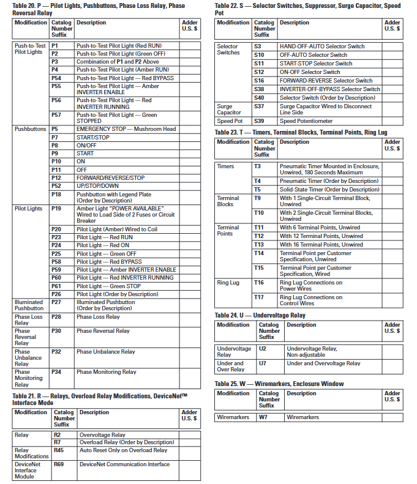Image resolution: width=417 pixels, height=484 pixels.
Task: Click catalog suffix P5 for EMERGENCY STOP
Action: (x=55, y=129)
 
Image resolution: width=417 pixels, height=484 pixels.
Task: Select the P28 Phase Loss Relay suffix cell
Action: (x=56, y=317)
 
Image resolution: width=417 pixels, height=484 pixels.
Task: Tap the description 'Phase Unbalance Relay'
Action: (x=105, y=352)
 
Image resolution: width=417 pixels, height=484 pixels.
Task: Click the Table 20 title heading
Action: (x=98, y=9)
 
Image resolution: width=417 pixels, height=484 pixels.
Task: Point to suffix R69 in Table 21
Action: (x=59, y=464)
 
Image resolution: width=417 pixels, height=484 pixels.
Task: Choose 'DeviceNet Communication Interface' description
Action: (x=124, y=464)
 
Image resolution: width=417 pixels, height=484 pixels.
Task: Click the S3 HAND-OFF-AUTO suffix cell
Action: (x=258, y=47)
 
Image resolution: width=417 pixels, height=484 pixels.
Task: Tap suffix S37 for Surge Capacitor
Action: (x=260, y=106)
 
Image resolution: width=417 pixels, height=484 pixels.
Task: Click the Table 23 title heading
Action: (x=301, y=132)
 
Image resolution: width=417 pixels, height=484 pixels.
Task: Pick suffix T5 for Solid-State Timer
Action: (x=258, y=190)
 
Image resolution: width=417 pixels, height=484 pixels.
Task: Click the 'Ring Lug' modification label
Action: (x=228, y=283)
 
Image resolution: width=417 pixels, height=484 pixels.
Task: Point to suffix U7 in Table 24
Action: (x=262, y=363)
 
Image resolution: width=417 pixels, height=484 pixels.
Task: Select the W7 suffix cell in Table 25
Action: (x=263, y=417)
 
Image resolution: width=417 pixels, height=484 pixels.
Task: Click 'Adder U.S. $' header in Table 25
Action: (x=392, y=397)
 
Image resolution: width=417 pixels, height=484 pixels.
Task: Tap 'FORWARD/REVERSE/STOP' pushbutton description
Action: (x=110, y=178)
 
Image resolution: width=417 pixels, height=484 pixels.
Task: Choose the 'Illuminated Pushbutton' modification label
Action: (x=29, y=305)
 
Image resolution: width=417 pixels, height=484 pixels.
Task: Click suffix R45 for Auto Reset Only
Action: (x=59, y=450)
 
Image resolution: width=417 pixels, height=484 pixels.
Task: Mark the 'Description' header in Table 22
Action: (x=295, y=23)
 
